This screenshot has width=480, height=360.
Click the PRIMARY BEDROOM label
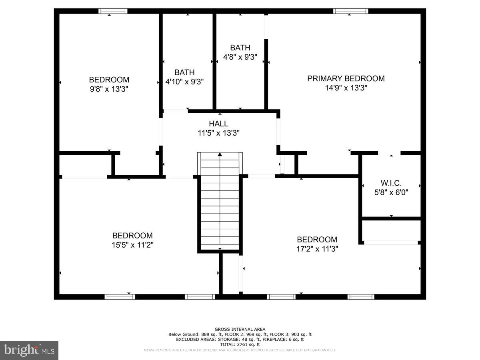[x=346, y=79]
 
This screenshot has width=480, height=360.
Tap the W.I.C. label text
[x=391, y=183]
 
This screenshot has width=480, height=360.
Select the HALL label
[x=218, y=124]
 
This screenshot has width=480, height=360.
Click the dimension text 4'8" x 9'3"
[x=240, y=57]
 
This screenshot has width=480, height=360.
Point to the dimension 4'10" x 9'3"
[x=184, y=82]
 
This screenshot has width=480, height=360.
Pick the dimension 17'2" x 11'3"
[x=317, y=248]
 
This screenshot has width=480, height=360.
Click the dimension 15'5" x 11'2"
[x=132, y=245]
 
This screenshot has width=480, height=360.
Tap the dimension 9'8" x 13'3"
[x=109, y=89]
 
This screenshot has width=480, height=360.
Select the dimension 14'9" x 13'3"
[x=346, y=88]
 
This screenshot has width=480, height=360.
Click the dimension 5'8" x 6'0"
[x=391, y=192]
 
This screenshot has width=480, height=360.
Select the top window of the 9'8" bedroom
[x=113, y=11]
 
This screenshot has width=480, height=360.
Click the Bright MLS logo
[x=29, y=350]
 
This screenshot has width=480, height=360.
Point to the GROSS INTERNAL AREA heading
[x=240, y=329]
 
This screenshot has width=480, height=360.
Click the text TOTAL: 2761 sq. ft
[x=240, y=344]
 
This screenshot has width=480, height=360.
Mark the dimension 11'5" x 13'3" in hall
[x=218, y=133]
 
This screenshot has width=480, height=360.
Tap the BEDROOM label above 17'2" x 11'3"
[x=317, y=240]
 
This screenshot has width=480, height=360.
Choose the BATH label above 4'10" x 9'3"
[x=184, y=72]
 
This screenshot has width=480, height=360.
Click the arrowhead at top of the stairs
[x=220, y=154]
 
